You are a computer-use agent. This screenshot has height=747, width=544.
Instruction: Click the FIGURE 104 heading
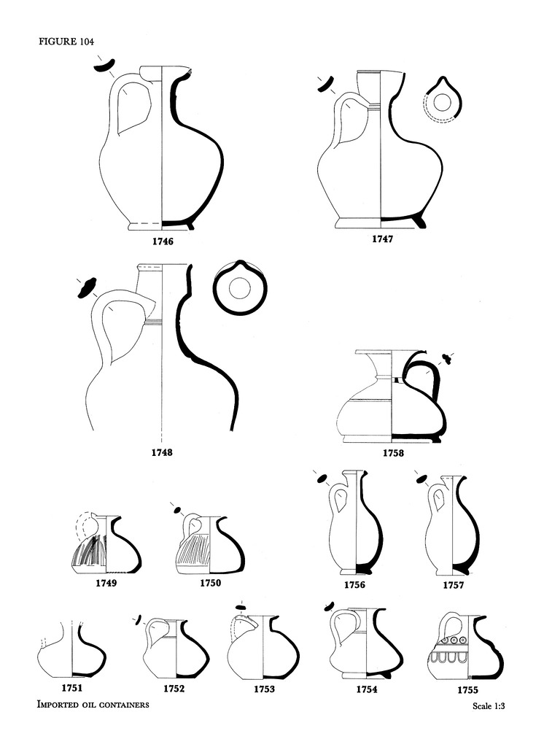point(66,42)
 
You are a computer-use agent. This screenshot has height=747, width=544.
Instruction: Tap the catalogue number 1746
point(163,241)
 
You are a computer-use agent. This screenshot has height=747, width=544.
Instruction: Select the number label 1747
point(383,239)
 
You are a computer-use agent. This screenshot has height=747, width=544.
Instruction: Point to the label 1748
point(162,452)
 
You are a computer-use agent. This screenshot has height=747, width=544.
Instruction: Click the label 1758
point(394,453)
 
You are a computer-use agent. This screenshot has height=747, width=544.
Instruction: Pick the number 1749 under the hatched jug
point(106,583)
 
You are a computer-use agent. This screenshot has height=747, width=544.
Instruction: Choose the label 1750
point(211,583)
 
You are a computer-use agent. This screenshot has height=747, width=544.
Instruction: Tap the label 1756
point(355,585)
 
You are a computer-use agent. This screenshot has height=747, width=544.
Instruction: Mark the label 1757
point(454,585)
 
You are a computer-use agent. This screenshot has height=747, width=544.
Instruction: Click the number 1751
point(72,687)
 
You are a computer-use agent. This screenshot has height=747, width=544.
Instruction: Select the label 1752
point(174,689)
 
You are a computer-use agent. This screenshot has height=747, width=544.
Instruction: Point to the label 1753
point(265,689)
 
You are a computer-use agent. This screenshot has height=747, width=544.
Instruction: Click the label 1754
point(367,689)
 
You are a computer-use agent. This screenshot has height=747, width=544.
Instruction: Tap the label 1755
point(467,690)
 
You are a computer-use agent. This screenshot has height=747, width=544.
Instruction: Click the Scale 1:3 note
point(489,706)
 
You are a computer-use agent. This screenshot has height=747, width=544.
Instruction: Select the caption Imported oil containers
point(93,705)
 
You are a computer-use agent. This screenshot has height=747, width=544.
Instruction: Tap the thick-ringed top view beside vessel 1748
point(241,287)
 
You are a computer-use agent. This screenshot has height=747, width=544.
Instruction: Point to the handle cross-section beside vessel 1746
point(105,66)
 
